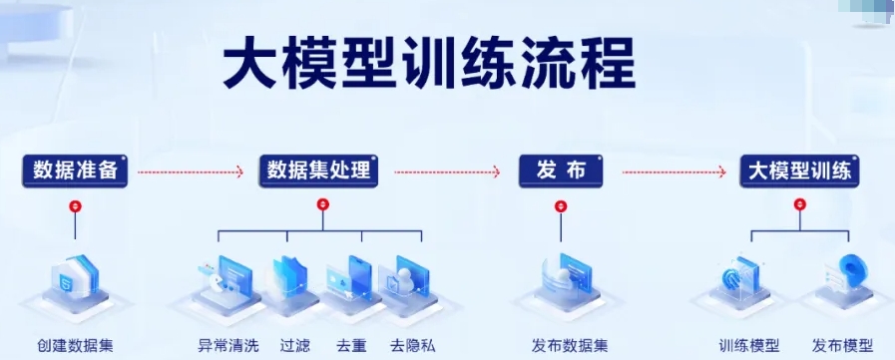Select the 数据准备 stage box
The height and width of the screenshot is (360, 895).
(x=75, y=171)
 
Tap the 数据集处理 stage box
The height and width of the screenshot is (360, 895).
(x=318, y=171)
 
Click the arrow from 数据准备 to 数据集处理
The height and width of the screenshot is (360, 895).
(x=190, y=173)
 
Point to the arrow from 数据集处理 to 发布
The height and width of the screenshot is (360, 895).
(x=446, y=173)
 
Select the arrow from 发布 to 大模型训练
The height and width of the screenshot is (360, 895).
(x=673, y=173)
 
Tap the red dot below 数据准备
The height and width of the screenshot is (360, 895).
(x=75, y=206)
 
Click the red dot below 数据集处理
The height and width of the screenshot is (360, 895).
(x=322, y=205)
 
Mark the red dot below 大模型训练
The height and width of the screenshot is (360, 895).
(x=798, y=205)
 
